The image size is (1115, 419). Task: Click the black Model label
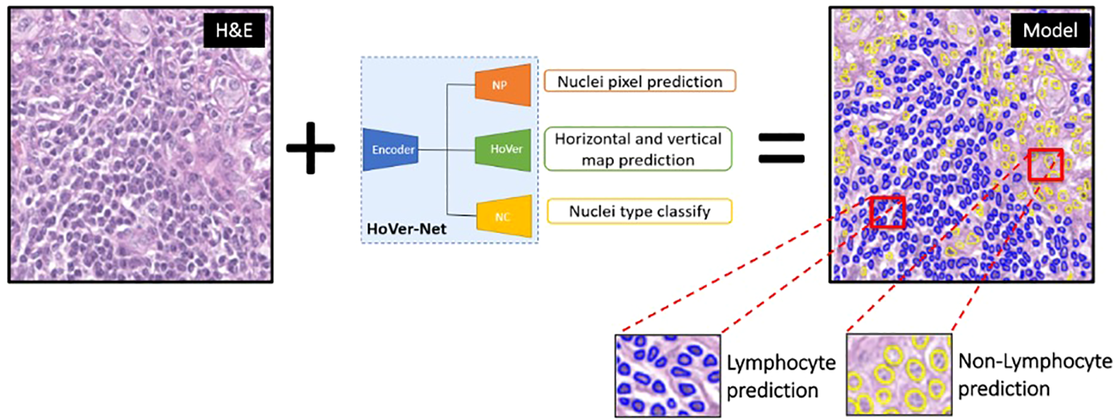pyautogui.click(x=1050, y=31)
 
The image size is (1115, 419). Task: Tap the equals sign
pyautogui.click(x=782, y=147)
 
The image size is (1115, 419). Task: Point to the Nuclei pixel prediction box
pyautogui.click(x=639, y=81)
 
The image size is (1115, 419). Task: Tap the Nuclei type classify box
pyautogui.click(x=639, y=211)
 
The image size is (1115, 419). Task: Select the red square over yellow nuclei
pyautogui.click(x=1045, y=166)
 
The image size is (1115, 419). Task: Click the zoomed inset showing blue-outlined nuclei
pyautogui.click(x=668, y=375)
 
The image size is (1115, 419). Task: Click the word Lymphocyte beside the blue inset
pyautogui.click(x=782, y=362)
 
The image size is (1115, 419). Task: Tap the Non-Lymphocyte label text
pyautogui.click(x=1034, y=361)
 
